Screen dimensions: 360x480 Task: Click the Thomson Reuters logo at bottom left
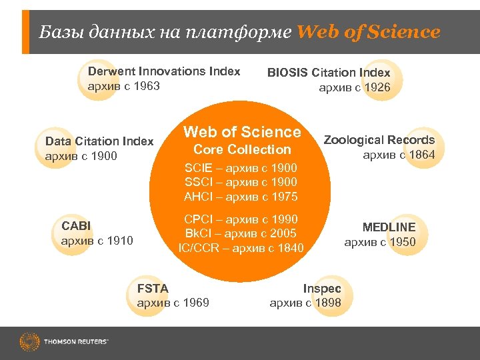pos(64,343)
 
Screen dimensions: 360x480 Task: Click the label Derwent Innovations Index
pos(164,71)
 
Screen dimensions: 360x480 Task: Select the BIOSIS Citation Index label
pos(329,73)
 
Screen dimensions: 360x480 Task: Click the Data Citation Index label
pos(99,141)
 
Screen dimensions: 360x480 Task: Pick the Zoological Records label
pos(379,140)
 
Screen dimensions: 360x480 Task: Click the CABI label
pos(76,226)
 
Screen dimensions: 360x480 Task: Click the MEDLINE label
pos(389,227)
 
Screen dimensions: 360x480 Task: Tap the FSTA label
pos(153,289)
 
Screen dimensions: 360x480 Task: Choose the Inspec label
pos(322,289)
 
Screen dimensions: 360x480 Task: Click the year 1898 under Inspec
pos(327,303)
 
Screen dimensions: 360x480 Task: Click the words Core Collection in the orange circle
pos(242,149)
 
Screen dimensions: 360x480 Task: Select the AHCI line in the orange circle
pos(241,197)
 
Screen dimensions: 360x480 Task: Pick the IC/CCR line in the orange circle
pos(241,248)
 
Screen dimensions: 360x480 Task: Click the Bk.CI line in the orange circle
pos(241,233)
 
